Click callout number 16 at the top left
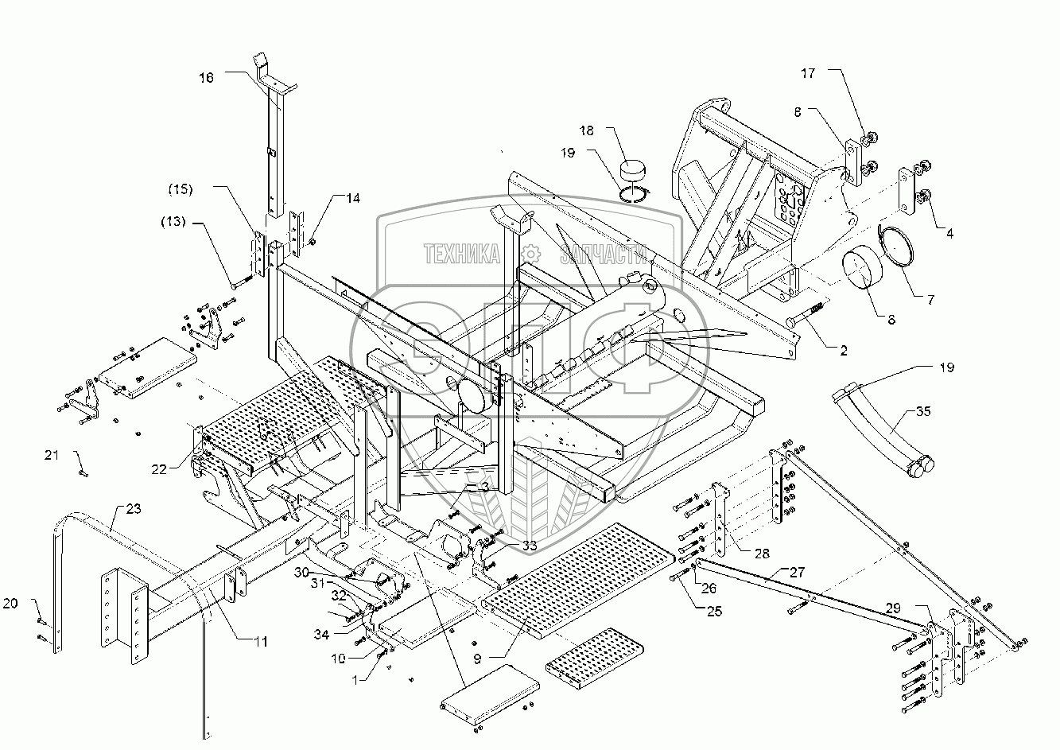point(206,77)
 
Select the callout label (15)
point(180,190)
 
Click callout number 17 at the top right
point(808,73)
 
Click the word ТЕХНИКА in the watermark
point(462,254)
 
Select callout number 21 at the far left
point(52,454)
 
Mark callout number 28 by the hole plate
point(761,552)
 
